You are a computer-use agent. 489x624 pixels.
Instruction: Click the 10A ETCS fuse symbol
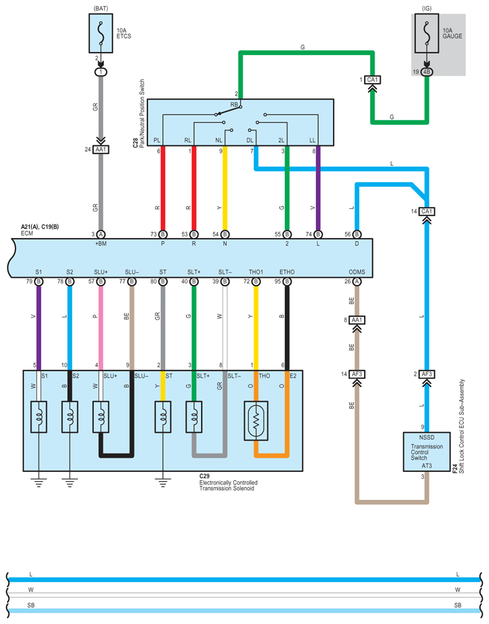(x=101, y=35)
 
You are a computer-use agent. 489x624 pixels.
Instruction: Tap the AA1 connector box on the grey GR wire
(x=101, y=150)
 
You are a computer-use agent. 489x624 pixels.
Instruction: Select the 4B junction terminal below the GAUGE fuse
(x=426, y=72)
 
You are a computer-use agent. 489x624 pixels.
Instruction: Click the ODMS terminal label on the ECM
(x=357, y=272)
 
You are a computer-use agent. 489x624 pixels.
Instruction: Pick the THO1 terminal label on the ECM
(x=256, y=272)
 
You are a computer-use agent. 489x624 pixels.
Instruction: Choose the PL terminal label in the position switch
(x=157, y=140)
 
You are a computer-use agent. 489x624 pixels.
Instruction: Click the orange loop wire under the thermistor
(x=272, y=456)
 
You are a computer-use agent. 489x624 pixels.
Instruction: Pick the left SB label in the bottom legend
(x=31, y=605)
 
